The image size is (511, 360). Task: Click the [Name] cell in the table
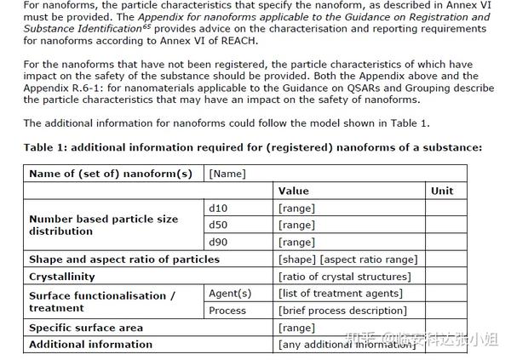coord(227,174)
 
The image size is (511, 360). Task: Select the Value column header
coord(294,191)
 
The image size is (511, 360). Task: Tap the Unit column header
coord(442,191)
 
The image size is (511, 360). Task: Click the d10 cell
coord(218,208)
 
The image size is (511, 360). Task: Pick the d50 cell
coord(218,225)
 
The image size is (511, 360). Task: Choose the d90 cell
coord(218,242)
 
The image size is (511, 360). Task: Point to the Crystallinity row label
coord(62,277)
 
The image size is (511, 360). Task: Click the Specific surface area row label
coord(86,328)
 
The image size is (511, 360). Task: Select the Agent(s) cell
coord(230,294)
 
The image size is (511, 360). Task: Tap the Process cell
coord(228,311)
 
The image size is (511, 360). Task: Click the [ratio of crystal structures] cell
coord(344,277)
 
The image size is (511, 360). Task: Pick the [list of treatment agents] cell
coord(342,294)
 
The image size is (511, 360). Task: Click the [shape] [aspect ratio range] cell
coord(347,259)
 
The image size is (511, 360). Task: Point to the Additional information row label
coord(90,345)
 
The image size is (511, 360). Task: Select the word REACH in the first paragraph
coord(239,41)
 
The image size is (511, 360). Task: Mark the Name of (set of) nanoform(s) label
coord(111,174)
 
